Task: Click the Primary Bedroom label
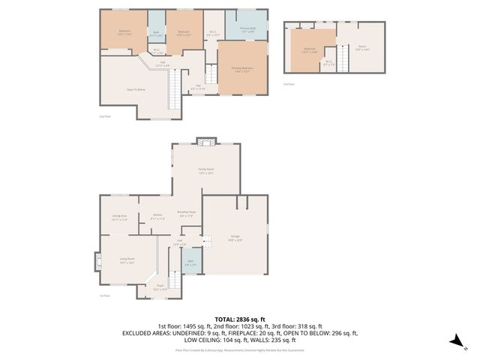[241, 69]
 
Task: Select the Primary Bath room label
[248, 30]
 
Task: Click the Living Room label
[126, 261]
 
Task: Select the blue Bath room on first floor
[190, 264]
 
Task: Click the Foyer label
[160, 287]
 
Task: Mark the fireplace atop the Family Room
[205, 142]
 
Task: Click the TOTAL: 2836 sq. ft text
[240, 319]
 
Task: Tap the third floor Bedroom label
[309, 50]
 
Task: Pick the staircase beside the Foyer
[175, 280]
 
